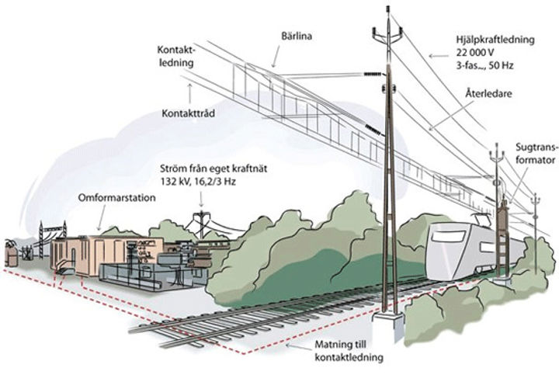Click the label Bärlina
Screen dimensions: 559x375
coord(297,36)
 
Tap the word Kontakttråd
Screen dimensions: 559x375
coord(188,113)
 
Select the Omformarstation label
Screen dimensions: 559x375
coord(116,198)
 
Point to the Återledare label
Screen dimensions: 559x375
coord(488,94)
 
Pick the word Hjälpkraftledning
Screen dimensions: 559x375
coord(495,40)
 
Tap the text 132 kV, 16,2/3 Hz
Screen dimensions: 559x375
coord(198,182)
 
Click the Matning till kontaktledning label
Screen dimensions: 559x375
coord(349,351)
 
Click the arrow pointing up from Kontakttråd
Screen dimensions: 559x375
coord(189,93)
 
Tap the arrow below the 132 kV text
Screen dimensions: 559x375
coord(201,199)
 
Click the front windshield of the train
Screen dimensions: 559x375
coord(448,236)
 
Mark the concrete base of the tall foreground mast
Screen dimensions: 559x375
coord(389,325)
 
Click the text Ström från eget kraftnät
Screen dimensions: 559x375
coord(214,168)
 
